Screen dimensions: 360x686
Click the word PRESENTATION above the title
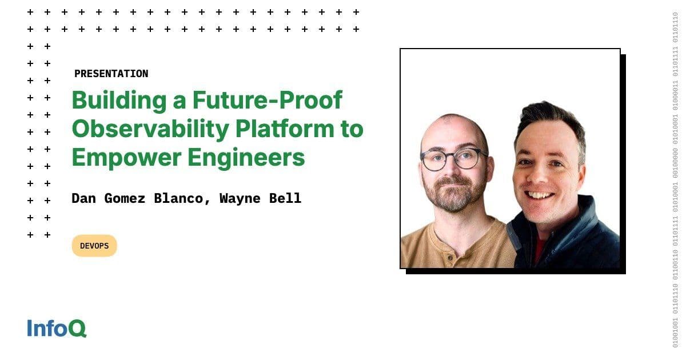tap(111, 74)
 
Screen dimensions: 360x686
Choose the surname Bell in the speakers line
tap(288, 198)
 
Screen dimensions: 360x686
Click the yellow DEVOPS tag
tap(94, 246)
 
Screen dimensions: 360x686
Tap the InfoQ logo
tap(57, 329)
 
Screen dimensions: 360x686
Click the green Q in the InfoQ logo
tap(78, 329)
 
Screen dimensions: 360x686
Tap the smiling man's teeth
tap(539, 196)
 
